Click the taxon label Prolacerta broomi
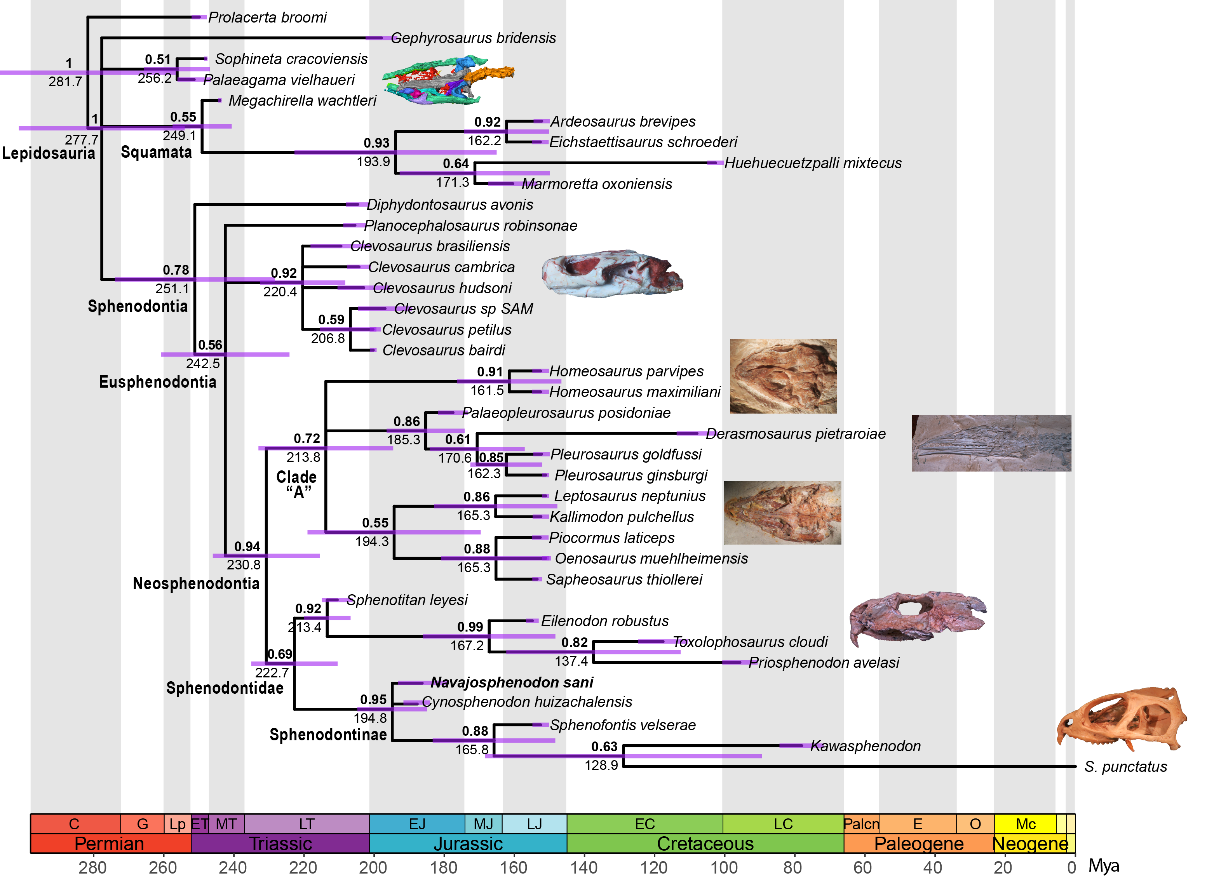tap(267, 17)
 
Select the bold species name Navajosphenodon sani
tap(512, 683)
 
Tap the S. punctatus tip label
tap(1125, 767)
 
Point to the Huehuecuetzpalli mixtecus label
tap(813, 164)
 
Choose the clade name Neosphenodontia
tap(196, 584)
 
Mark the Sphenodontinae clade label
tap(328, 735)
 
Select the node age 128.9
tap(601, 766)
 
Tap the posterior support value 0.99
tap(470, 627)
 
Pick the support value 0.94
tap(247, 547)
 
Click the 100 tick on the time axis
tap(724, 868)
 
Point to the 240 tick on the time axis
tap(233, 868)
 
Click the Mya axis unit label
tap(1104, 866)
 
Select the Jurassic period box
tap(468, 844)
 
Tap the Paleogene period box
tap(918, 844)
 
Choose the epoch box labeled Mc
tap(1025, 824)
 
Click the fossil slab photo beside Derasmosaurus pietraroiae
tap(991, 443)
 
